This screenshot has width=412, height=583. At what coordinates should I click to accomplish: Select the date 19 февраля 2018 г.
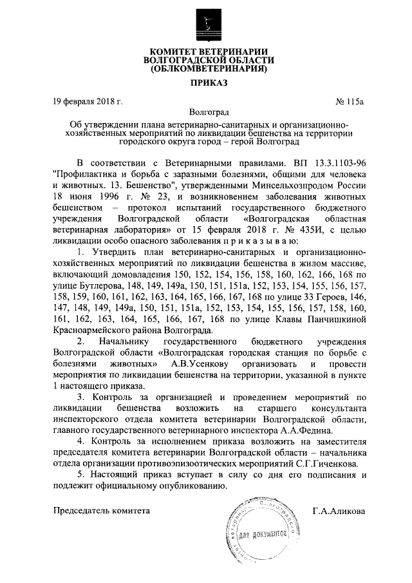pos(88,101)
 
